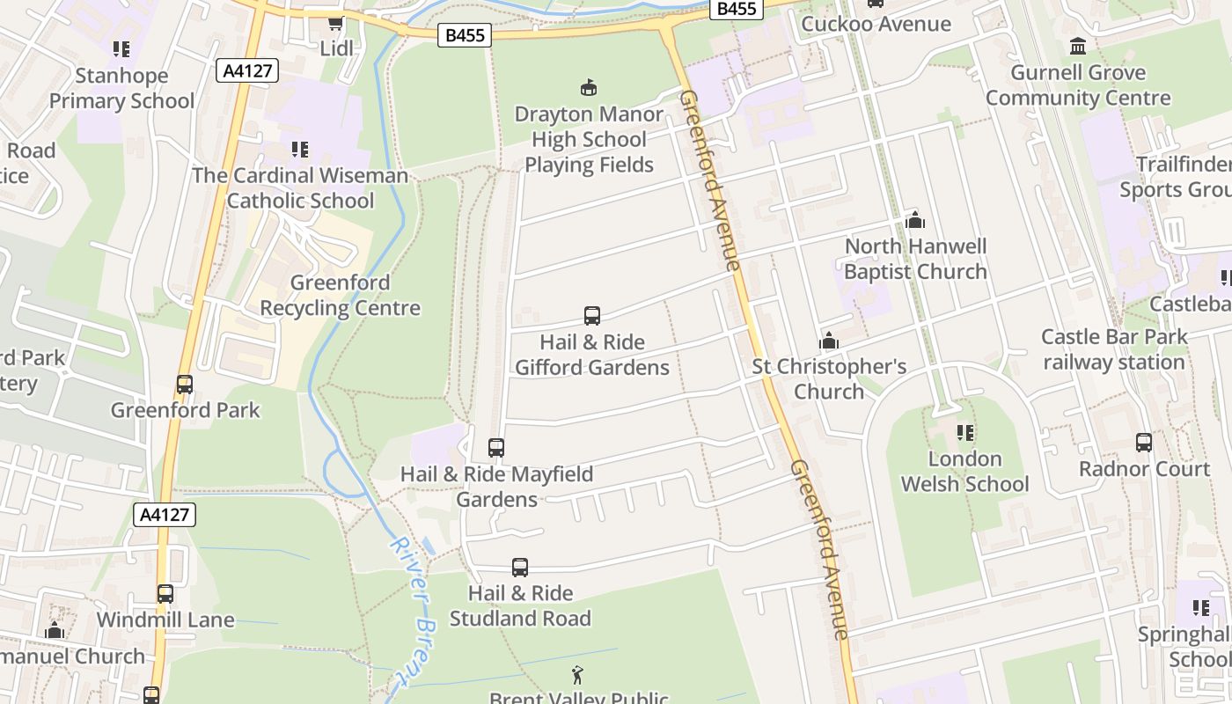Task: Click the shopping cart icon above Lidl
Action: click(335, 22)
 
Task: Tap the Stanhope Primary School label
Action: click(121, 88)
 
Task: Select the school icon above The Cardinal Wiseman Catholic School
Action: click(299, 150)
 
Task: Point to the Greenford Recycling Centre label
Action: click(340, 296)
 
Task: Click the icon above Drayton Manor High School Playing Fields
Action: click(588, 87)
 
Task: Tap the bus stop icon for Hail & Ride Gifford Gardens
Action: click(592, 315)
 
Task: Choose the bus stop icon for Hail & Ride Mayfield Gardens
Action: click(496, 447)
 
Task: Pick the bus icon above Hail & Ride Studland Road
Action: click(520, 567)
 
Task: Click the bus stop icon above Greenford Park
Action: click(185, 384)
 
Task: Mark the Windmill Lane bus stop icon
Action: click(165, 593)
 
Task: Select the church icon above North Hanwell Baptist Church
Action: click(915, 220)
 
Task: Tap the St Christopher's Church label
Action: click(829, 378)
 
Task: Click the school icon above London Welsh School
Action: click(965, 433)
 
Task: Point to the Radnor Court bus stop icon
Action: click(1144, 443)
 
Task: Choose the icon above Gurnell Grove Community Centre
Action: click(1078, 46)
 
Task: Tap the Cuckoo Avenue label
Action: click(876, 24)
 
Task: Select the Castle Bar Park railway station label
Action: click(1114, 349)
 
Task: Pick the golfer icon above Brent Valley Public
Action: click(578, 675)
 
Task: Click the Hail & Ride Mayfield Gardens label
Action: click(496, 487)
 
